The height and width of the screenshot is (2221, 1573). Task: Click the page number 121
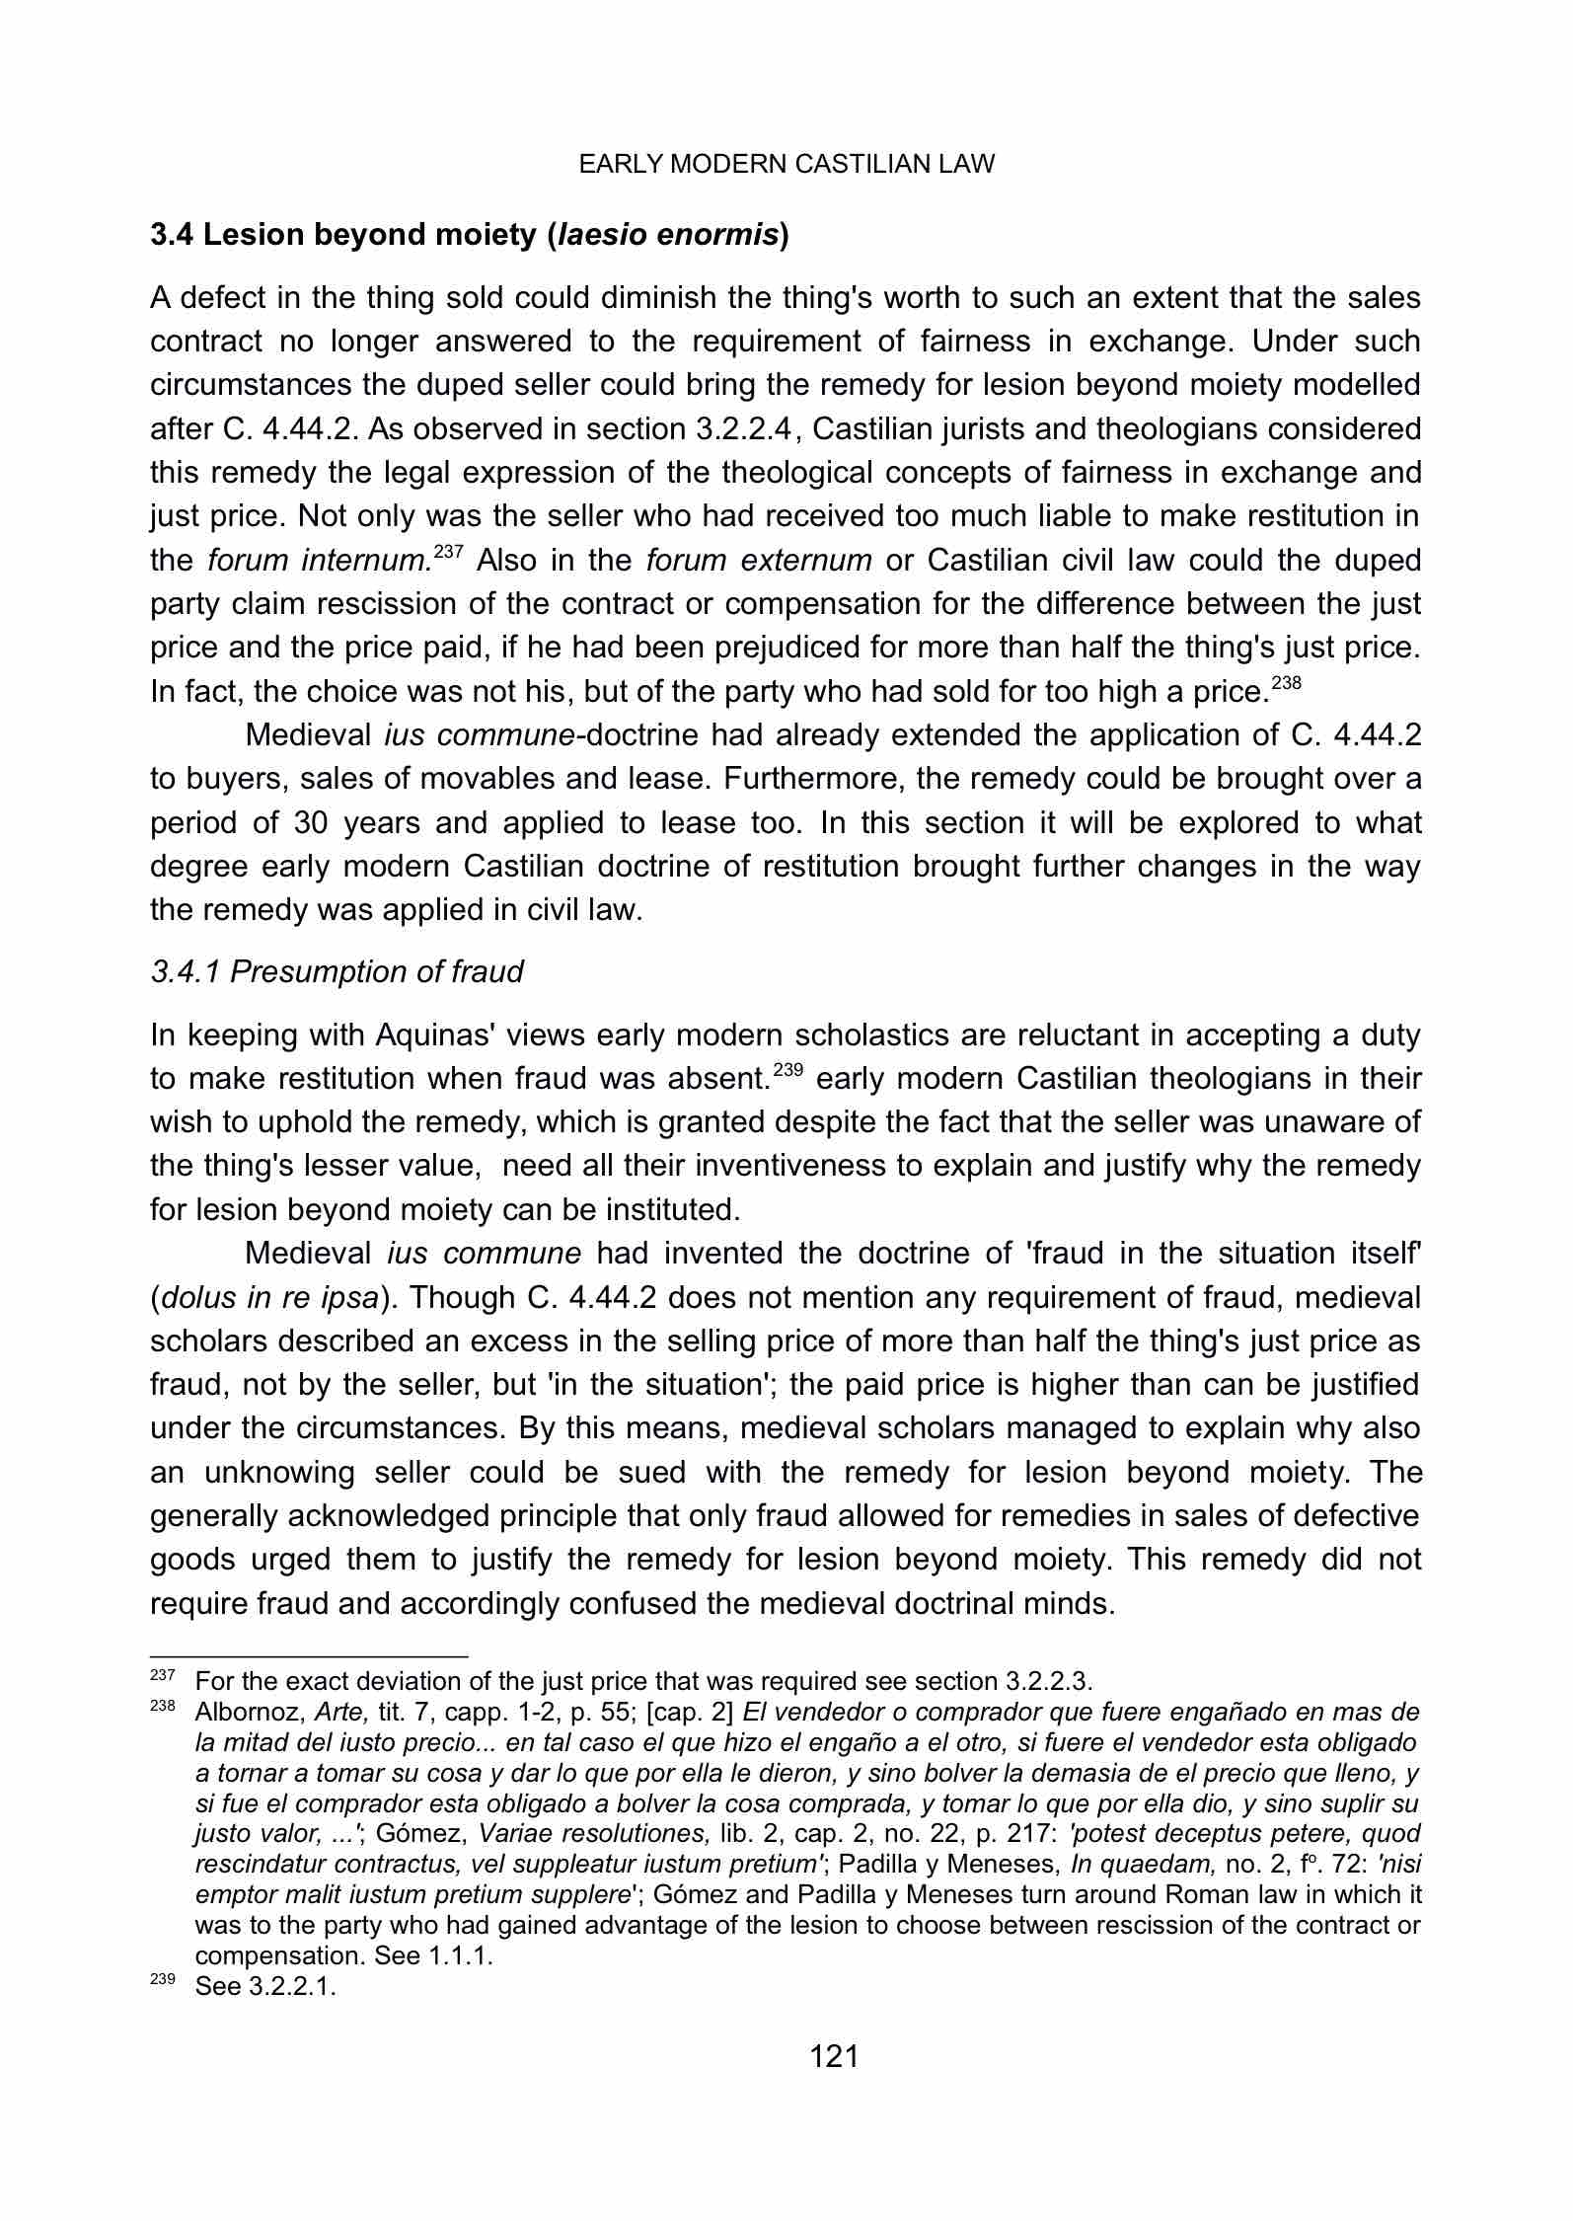click(x=834, y=2056)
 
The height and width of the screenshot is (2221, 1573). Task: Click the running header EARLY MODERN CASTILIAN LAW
click(x=786, y=164)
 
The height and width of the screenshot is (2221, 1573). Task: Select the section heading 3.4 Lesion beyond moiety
click(x=470, y=235)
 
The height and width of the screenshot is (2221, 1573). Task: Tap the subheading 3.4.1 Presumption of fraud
click(x=337, y=972)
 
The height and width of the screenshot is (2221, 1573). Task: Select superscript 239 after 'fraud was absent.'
click(x=787, y=1068)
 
